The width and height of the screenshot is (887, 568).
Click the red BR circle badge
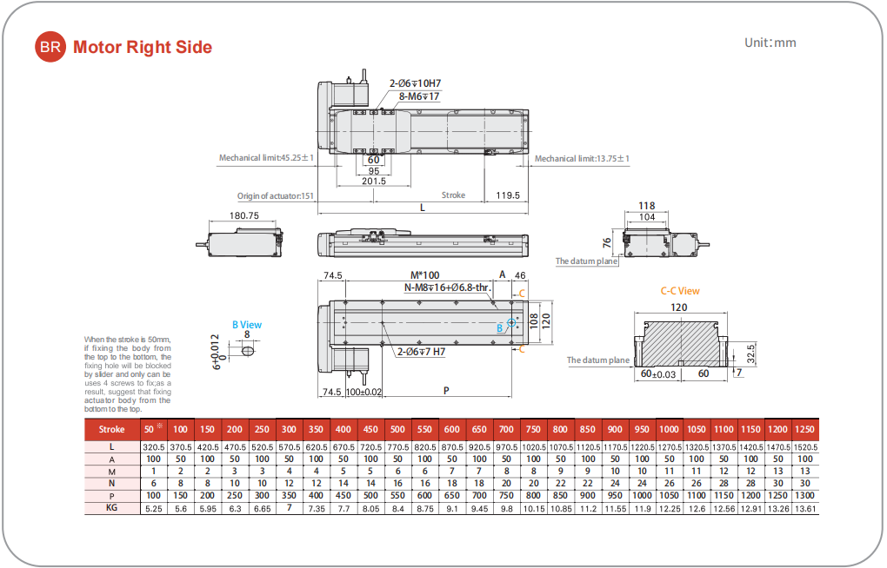pos(50,47)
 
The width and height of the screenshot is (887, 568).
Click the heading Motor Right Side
pos(143,47)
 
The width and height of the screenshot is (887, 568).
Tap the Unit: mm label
pos(770,43)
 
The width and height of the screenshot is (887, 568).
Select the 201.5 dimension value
pos(374,181)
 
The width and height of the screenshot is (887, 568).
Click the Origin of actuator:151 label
pos(275,196)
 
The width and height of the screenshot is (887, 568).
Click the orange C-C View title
pos(679,291)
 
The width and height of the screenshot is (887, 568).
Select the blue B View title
pos(246,325)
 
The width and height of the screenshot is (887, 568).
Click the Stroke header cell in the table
pos(111,429)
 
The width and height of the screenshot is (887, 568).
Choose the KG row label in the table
pos(111,507)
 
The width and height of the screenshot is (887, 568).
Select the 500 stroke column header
pos(397,429)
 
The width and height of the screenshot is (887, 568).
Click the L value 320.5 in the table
pos(153,446)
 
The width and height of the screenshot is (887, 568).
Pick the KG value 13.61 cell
pos(805,507)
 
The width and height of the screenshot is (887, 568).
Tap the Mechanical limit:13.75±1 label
pos(582,159)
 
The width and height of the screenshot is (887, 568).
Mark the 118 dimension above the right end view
pos(646,206)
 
